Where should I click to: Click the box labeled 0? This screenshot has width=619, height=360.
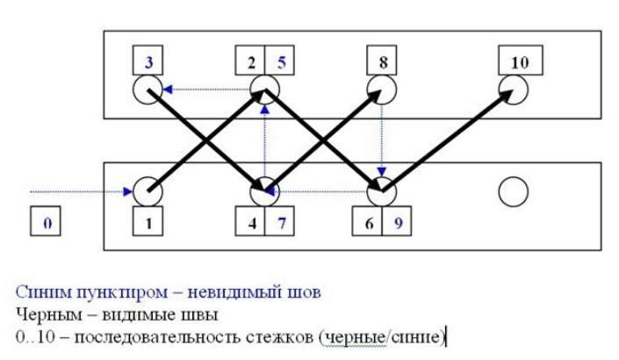point(48,223)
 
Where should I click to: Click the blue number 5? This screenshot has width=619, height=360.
point(281,62)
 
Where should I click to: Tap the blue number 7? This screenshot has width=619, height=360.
point(282,223)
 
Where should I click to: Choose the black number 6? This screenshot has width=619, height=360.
point(368,223)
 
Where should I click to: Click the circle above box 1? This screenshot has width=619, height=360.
point(146,190)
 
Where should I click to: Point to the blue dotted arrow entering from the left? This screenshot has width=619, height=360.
point(79,190)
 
